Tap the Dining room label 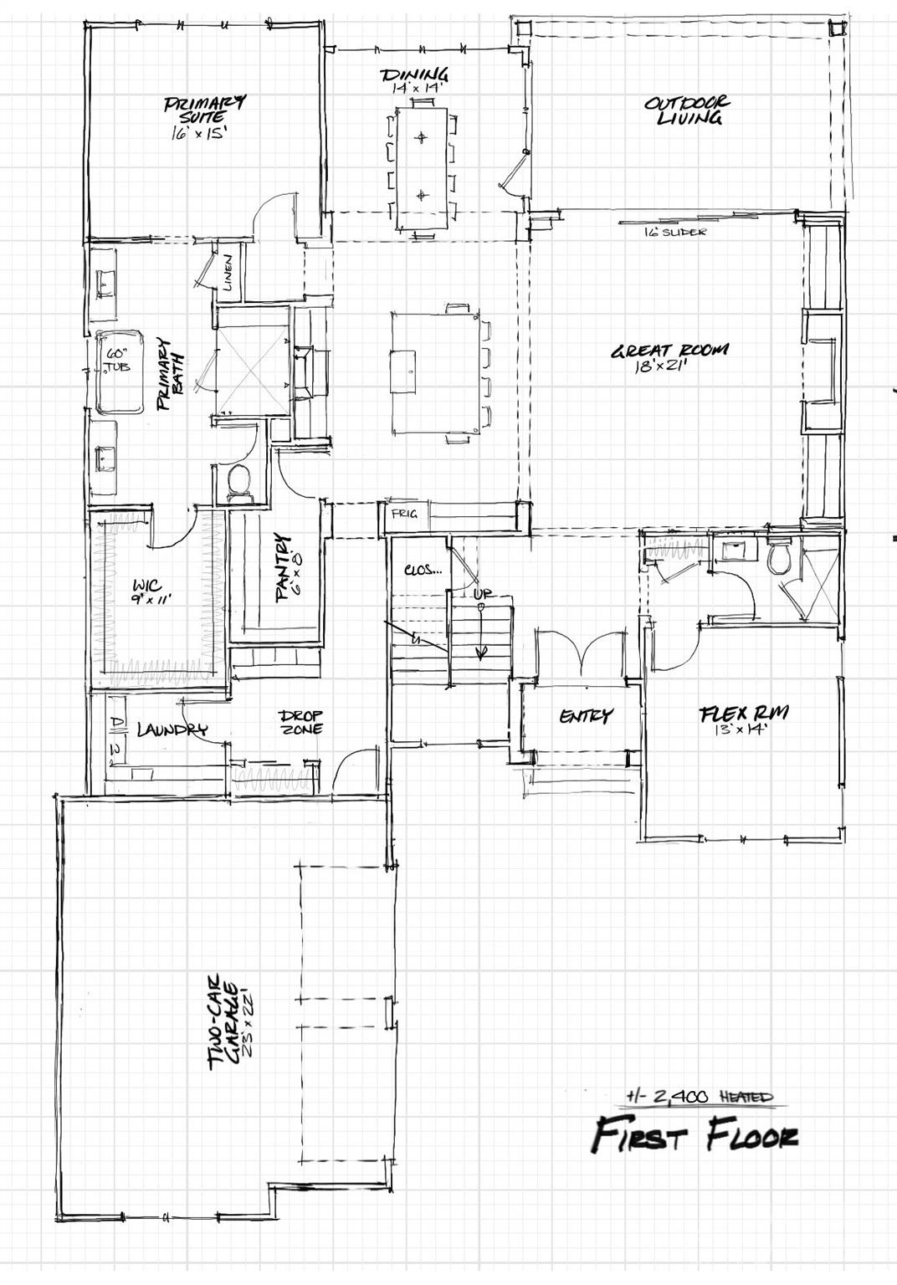[414, 77]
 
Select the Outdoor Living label [686, 110]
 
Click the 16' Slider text [674, 232]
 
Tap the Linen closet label [228, 272]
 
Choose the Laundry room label [171, 730]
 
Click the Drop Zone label [301, 722]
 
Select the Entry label [586, 715]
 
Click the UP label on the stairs [483, 594]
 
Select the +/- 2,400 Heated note [700, 1095]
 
